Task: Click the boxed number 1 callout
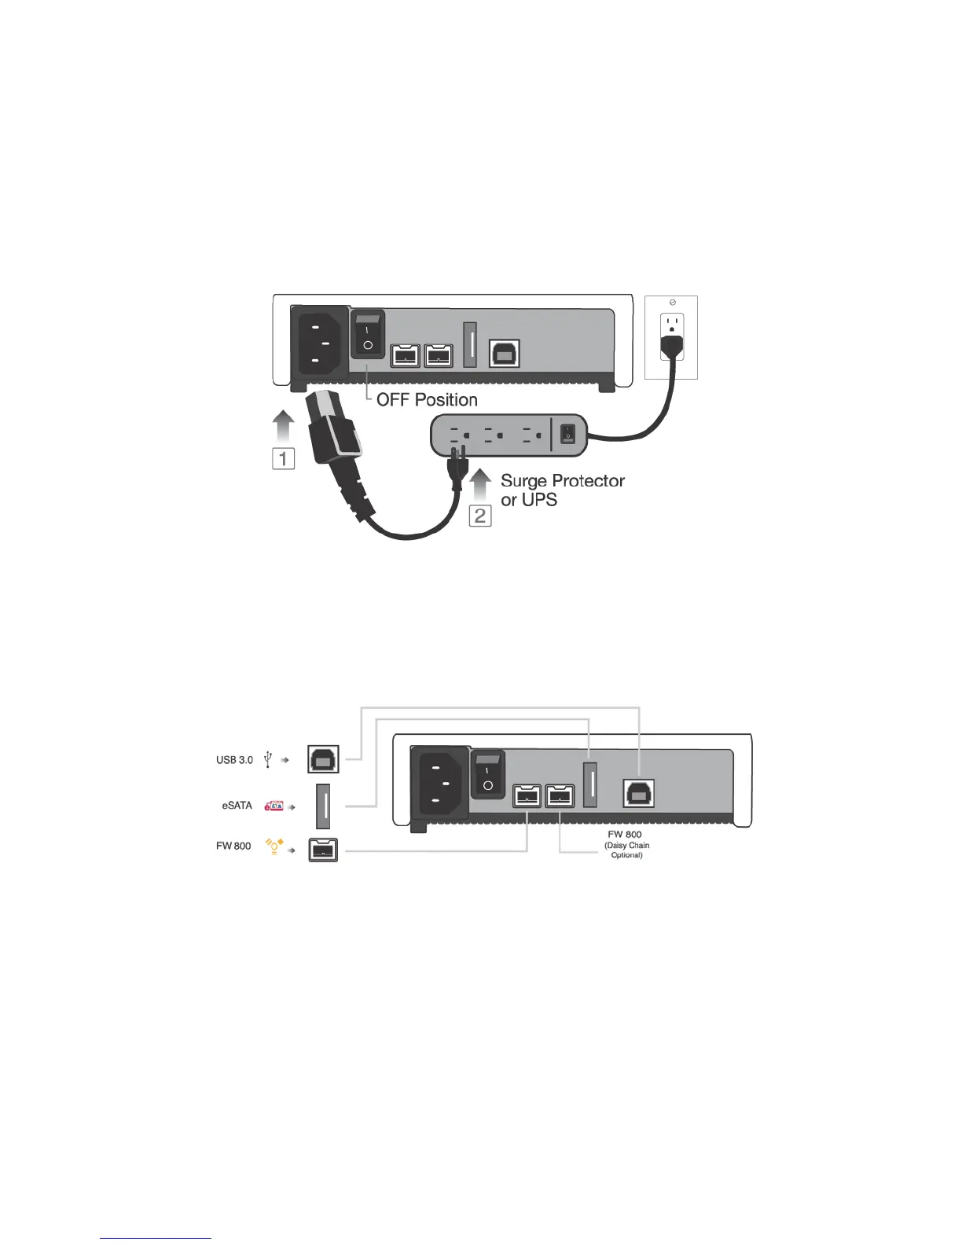(x=283, y=458)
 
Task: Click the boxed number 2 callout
(x=480, y=516)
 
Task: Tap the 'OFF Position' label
(x=427, y=399)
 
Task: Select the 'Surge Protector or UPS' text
(x=562, y=490)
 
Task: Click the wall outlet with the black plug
(x=670, y=337)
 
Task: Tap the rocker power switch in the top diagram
(x=367, y=333)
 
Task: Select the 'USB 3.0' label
(x=234, y=760)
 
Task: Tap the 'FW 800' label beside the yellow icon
(x=233, y=846)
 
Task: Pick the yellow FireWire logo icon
(x=274, y=846)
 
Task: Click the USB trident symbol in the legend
(x=268, y=760)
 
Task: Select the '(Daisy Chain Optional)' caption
(x=626, y=850)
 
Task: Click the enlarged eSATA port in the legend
(x=322, y=806)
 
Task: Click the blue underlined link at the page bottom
(x=156, y=1239)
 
